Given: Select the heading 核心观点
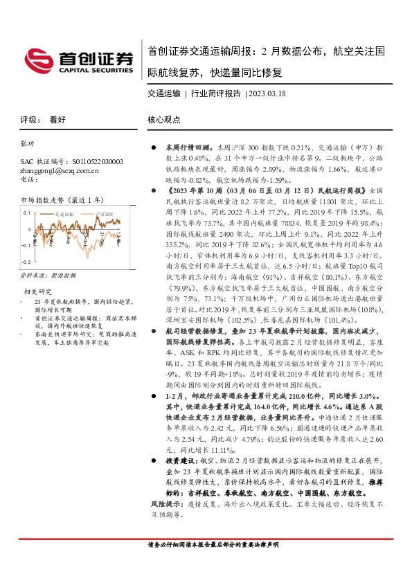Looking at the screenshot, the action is click(x=163, y=119).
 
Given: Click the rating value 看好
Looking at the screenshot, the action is click(x=57, y=119).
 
